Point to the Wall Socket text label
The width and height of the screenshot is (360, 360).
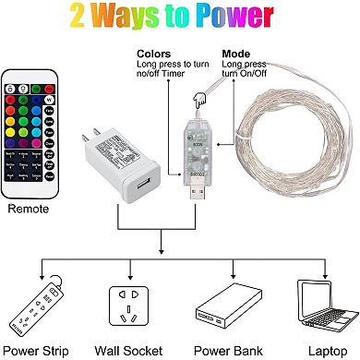128,350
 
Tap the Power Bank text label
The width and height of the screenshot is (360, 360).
224,350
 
